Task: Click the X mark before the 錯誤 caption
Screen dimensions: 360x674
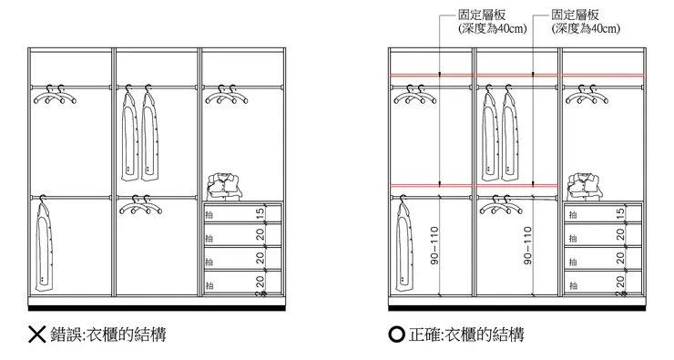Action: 37,334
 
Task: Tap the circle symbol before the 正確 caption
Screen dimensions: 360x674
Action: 396,334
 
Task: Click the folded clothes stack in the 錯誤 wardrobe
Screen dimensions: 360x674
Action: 223,185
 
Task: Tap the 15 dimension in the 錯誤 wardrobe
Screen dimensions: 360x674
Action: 260,213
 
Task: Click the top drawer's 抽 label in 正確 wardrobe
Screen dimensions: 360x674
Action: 573,215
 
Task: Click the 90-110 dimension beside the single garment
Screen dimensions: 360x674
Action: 434,247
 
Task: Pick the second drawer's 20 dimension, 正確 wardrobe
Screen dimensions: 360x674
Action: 620,235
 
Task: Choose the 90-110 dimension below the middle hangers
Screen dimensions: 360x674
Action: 527,247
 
